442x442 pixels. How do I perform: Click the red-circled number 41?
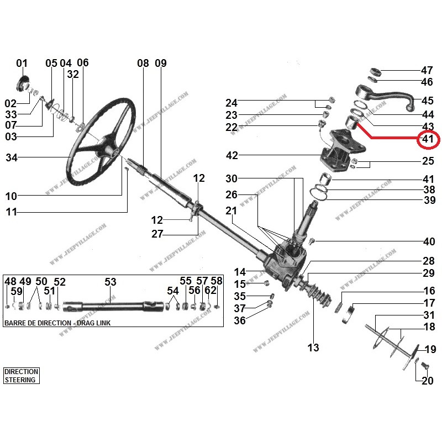[427, 139]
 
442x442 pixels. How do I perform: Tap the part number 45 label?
[427, 101]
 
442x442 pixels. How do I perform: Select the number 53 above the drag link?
[110, 282]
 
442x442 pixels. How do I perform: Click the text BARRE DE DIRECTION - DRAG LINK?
[57, 323]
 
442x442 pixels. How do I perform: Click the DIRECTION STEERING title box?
[21, 376]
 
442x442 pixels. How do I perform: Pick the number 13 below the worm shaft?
[313, 348]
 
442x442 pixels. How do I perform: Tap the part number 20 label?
[427, 381]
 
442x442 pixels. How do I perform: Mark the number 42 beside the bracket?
[231, 156]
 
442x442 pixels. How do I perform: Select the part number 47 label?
[427, 71]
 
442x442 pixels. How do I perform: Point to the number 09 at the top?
[160, 63]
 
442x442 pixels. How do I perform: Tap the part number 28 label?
[429, 261]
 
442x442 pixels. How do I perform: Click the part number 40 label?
[429, 241]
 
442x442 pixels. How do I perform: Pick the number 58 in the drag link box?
[216, 281]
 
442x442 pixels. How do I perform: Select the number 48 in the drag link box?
[10, 281]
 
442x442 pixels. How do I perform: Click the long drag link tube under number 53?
[110, 305]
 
